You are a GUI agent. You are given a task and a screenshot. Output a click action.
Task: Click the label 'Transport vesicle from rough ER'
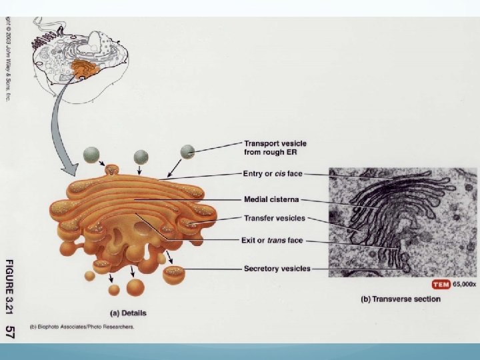tap(275, 147)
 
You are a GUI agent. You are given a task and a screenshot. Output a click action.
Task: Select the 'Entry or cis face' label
tap(273, 174)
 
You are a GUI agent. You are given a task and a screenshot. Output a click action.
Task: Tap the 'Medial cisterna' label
tap(271, 199)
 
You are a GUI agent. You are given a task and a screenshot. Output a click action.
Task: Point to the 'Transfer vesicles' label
tap(274, 218)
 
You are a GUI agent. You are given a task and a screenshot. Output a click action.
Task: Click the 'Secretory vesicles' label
tap(277, 269)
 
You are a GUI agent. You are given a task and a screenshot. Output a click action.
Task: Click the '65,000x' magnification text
tap(465, 284)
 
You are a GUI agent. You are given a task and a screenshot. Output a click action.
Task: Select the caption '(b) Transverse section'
tap(400, 299)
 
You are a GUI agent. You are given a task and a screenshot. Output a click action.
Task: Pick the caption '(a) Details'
tap(128, 313)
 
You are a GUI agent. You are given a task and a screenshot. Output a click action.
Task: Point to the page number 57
tap(11, 331)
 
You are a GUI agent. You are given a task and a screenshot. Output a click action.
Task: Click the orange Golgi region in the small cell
tap(85, 67)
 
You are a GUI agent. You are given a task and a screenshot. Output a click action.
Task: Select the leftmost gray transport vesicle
tap(91, 156)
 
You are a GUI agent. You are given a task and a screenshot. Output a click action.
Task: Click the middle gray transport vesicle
tap(141, 157)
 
